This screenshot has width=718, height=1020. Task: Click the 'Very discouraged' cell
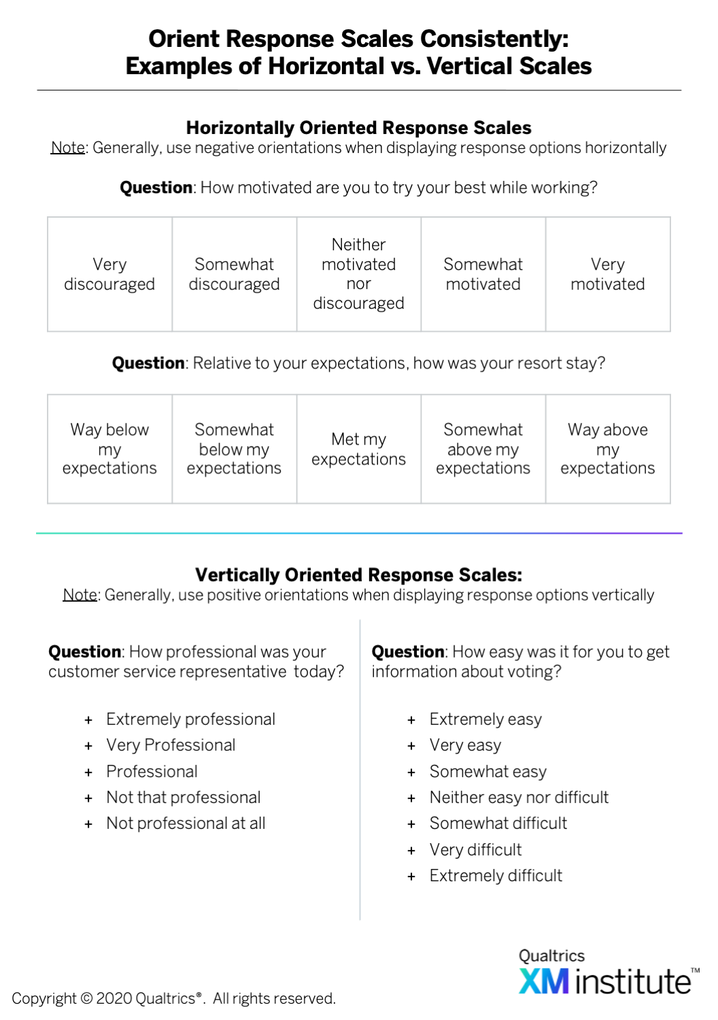pos(109,274)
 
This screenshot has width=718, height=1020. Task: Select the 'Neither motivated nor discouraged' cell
pos(359,274)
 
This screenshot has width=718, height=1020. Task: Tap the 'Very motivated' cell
pos(608,274)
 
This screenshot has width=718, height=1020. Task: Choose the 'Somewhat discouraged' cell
pos(235,274)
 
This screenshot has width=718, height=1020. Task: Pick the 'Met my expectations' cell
pos(359,449)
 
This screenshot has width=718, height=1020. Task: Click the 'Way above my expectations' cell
pos(608,449)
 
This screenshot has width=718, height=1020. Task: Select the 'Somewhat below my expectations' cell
pos(235,449)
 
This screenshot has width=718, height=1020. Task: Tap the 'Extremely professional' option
pos(191,719)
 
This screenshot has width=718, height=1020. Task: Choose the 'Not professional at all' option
pos(186,823)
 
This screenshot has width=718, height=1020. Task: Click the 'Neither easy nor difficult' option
pos(519,798)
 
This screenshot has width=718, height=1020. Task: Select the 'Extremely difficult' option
pos(496,876)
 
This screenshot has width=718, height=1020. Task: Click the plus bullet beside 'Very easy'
pos(411,746)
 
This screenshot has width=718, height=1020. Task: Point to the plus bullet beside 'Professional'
pos(88,772)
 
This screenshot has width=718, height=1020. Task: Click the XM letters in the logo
pos(544,981)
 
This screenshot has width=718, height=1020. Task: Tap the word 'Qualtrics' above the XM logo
pos(551,955)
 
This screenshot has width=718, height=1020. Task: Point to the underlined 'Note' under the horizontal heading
pos(68,148)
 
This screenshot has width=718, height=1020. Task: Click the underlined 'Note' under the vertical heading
pos(80,595)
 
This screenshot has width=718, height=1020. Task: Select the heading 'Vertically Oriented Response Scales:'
pos(359,575)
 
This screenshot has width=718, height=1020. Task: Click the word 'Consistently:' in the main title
pos(494,39)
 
